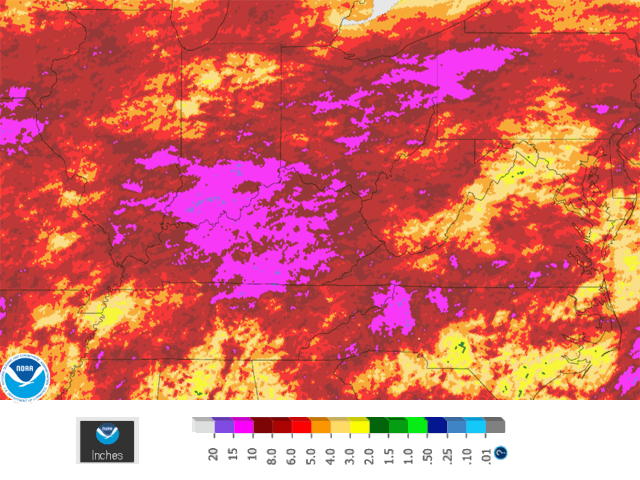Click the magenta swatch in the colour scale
[x=243, y=425]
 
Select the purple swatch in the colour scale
[x=224, y=425]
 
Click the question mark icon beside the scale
[x=500, y=451]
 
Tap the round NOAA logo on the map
[x=22, y=375]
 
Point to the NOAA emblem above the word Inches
[x=108, y=433]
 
